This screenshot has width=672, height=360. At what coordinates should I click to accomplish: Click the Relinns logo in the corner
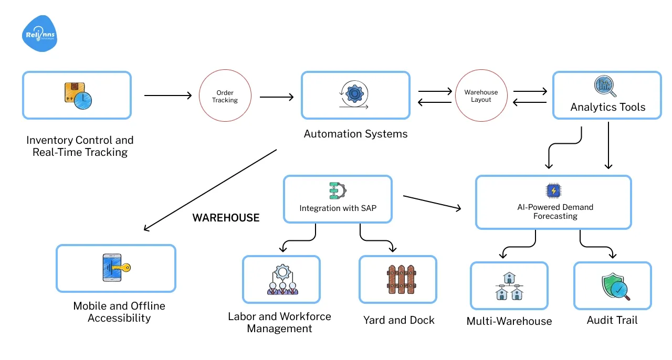tap(40, 34)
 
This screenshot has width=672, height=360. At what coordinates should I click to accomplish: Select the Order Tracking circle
tap(225, 96)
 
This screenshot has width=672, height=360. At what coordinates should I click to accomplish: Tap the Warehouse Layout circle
tap(481, 96)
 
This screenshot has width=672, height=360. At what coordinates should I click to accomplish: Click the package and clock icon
tap(77, 95)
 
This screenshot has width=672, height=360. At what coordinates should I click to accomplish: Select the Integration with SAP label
tap(338, 208)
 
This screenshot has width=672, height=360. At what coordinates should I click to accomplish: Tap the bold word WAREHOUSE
tap(226, 218)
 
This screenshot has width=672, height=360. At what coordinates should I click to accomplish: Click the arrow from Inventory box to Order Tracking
tap(168, 96)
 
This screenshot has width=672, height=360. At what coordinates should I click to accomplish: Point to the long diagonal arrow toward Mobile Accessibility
tap(210, 189)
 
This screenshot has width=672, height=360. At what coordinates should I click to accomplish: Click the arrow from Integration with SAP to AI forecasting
tap(432, 203)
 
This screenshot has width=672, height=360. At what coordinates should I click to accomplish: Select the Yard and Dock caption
tap(398, 320)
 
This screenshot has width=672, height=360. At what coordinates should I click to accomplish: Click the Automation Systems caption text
tap(355, 134)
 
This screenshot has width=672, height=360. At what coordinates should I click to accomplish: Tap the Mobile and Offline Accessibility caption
tap(119, 312)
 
